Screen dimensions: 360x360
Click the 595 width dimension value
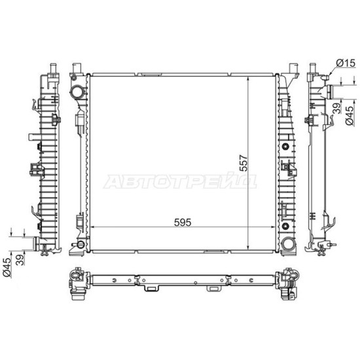(183, 223)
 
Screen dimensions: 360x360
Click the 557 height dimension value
(243, 163)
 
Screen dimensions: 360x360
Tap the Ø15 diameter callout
(346, 63)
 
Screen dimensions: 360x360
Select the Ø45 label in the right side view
(350, 115)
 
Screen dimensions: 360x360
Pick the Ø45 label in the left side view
(7, 268)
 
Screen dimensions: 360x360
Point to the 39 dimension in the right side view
(337, 108)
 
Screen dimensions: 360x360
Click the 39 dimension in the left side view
(21, 260)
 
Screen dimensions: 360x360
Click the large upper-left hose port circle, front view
(77, 92)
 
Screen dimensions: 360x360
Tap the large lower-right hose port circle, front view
(288, 244)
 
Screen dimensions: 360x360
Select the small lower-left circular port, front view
(80, 245)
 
